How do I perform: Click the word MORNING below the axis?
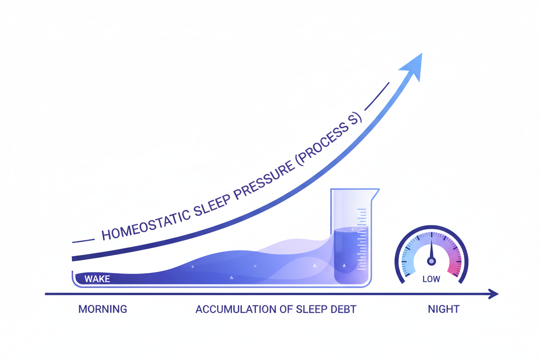click(x=103, y=309)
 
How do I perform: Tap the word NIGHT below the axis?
click(x=444, y=309)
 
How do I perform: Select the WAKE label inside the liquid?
click(x=97, y=279)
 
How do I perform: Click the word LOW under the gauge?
click(x=431, y=280)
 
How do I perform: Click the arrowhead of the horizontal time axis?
click(x=494, y=294)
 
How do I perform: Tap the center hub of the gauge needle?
click(x=431, y=261)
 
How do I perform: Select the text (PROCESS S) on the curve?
click(x=329, y=136)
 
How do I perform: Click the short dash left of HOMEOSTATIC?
click(x=83, y=240)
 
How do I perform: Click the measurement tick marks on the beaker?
click(x=361, y=238)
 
